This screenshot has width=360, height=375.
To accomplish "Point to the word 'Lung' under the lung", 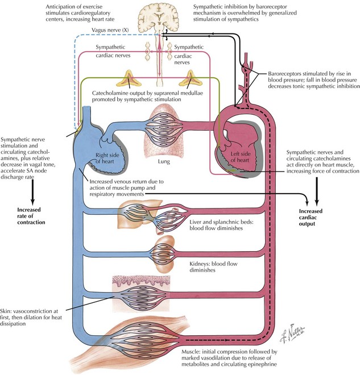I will click(179, 161).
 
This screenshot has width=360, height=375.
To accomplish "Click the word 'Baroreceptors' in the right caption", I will click(278, 74).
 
